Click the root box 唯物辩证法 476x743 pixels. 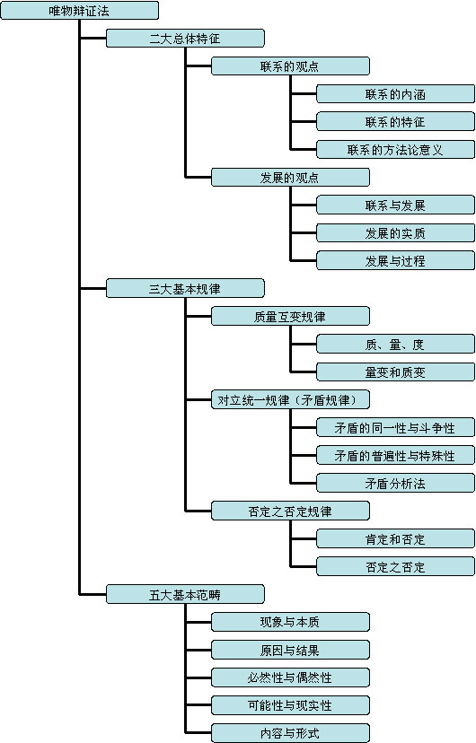[79, 11]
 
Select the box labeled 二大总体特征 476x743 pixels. [185, 38]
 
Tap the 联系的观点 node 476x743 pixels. [290, 66]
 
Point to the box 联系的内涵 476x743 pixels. [395, 94]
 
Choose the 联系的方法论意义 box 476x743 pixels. [395, 149]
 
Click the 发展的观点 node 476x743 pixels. [290, 177]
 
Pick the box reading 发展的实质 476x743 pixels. [395, 232]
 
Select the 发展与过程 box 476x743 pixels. [395, 260]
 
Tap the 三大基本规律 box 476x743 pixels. [185, 288]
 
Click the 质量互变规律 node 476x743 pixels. [290, 316]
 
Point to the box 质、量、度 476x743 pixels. [395, 344]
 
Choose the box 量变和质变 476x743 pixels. [395, 372]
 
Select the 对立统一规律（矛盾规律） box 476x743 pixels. [290, 399]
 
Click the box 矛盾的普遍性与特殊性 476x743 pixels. [395, 455]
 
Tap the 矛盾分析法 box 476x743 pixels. [395, 483]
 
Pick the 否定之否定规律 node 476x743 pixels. [290, 511]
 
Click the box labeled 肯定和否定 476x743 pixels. [395, 538]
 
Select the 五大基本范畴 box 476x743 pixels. [185, 594]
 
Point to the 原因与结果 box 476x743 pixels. [290, 650]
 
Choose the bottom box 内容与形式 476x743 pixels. [290, 732]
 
